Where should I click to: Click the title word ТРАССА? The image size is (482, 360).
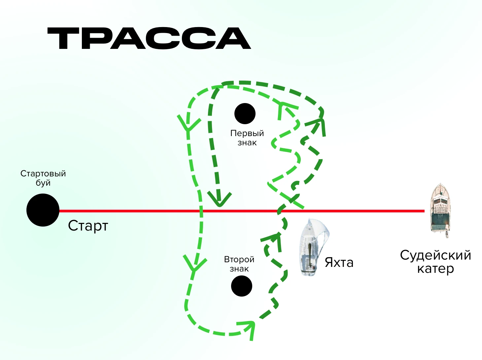point(149,39)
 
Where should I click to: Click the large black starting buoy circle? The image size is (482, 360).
point(43,210)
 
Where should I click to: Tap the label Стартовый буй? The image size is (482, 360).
point(43,178)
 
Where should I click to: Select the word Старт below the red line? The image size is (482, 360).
point(88,226)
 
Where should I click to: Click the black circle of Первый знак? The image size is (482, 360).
point(245,114)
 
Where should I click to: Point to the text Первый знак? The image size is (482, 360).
point(247,138)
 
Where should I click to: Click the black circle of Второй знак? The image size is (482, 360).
point(242,286)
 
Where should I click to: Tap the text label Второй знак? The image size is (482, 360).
point(239,264)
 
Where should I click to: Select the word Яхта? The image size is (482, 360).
point(339,263)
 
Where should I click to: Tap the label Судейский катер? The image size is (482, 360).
point(435,262)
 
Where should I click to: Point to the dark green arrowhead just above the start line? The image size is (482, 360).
point(219,200)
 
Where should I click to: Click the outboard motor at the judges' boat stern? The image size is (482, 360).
point(447,233)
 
